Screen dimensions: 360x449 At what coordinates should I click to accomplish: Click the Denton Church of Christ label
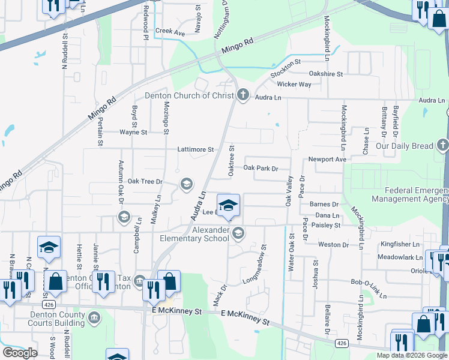click(188, 95)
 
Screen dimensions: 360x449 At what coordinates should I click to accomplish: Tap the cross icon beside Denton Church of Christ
click(243, 95)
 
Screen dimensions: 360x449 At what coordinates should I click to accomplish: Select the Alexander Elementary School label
click(211, 234)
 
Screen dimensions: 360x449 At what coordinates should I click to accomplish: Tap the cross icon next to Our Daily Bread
click(442, 145)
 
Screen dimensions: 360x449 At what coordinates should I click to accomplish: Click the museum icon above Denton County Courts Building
click(94, 317)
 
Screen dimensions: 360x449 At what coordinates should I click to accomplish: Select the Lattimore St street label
click(196, 149)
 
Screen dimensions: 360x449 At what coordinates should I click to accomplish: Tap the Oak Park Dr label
click(261, 169)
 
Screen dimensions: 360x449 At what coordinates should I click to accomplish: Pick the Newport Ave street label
click(327, 160)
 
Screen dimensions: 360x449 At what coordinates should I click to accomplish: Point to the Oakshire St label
click(325, 74)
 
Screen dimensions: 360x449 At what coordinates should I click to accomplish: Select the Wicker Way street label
click(294, 85)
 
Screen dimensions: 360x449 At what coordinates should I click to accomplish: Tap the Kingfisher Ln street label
click(399, 244)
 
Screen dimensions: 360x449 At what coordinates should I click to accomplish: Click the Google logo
click(19, 352)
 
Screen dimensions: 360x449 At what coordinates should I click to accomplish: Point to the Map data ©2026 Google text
click(412, 355)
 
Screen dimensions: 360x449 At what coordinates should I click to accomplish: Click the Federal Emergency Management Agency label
click(409, 194)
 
